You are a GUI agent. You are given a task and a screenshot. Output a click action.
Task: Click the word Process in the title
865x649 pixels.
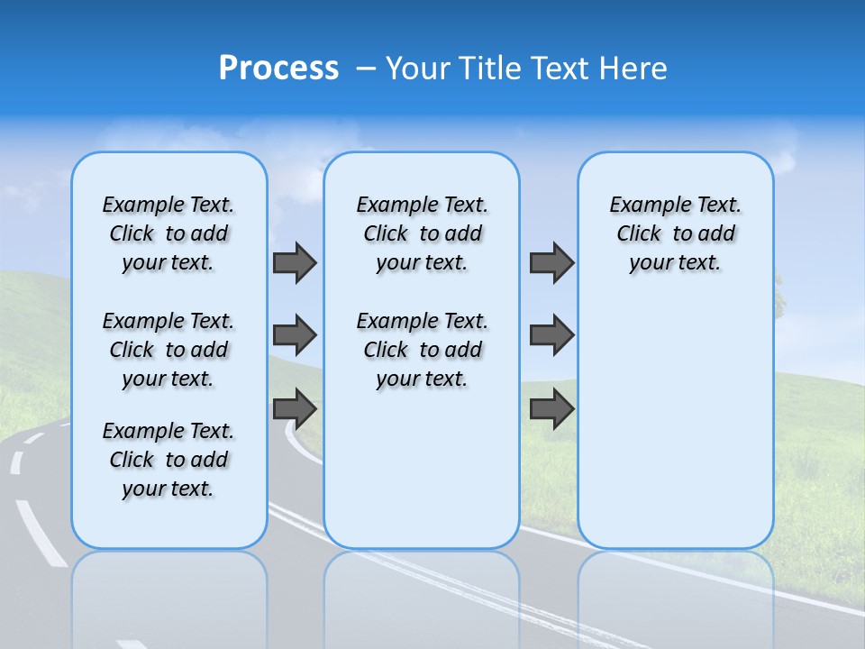point(278,69)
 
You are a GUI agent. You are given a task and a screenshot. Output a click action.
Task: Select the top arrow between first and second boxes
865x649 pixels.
point(295,262)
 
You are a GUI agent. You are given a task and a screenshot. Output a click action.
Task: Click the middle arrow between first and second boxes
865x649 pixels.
point(295,335)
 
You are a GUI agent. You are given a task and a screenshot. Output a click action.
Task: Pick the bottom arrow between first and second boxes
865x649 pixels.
point(295,408)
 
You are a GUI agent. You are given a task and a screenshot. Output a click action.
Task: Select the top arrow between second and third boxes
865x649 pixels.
point(551,262)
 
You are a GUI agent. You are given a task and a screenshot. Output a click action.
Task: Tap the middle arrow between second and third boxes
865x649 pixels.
point(551,335)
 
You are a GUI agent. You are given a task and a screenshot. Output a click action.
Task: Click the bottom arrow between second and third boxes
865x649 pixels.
point(551,408)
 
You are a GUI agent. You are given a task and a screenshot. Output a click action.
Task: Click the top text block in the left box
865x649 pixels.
point(168,233)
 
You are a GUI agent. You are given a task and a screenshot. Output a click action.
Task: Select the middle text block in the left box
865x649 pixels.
point(168,350)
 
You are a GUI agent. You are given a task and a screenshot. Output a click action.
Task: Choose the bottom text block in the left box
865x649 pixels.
point(168,460)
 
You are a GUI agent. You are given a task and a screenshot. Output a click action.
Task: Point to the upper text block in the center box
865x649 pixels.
point(422,233)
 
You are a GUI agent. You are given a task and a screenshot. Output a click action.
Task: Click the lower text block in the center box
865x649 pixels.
point(422,350)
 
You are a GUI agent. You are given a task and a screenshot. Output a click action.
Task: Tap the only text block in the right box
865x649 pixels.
point(675,233)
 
